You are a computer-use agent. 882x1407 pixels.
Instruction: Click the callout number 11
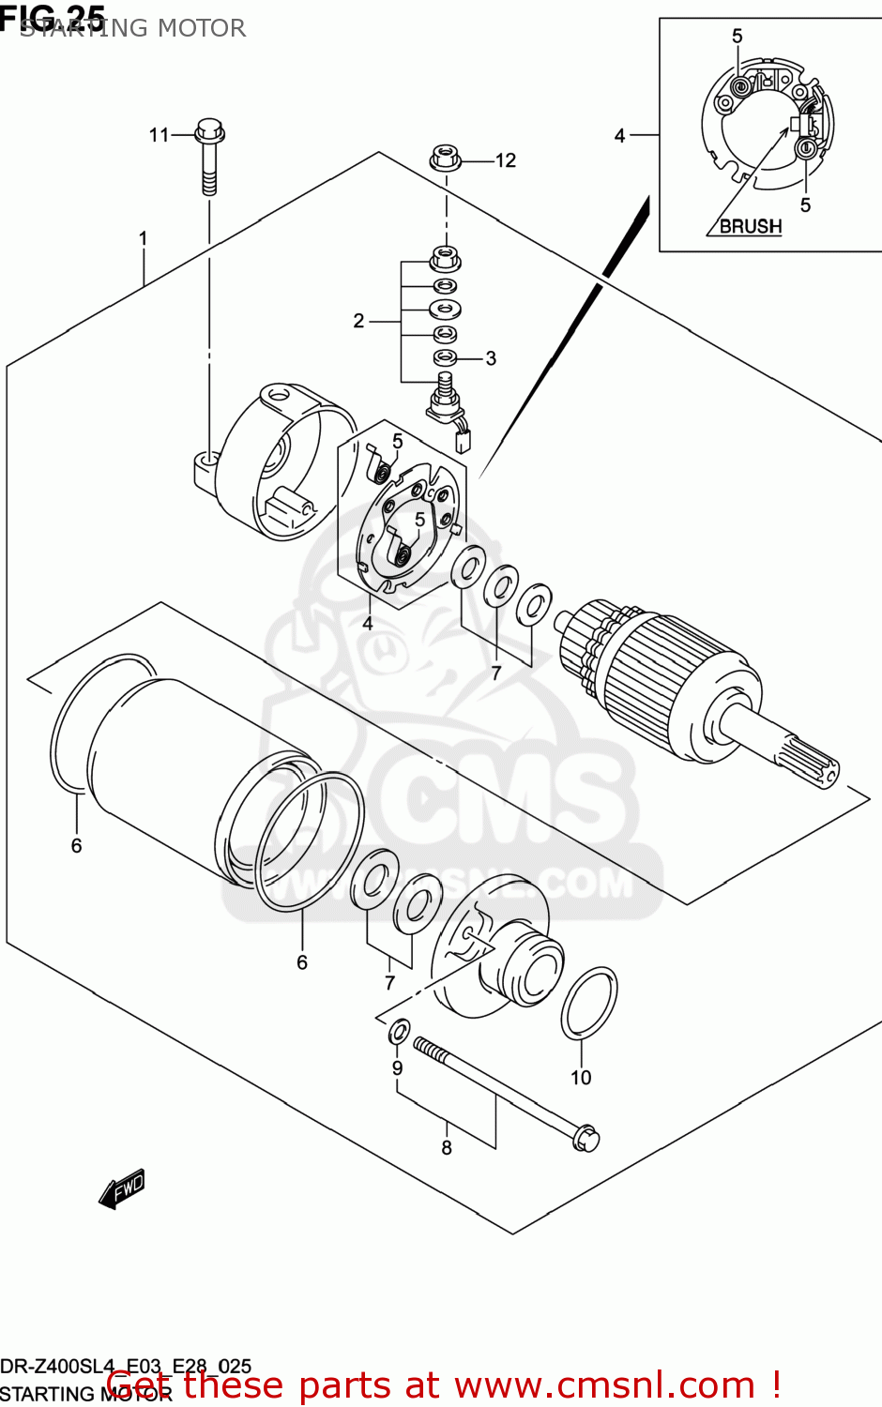click(159, 135)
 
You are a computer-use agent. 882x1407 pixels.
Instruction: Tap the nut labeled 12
click(446, 159)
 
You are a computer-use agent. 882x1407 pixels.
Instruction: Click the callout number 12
click(506, 160)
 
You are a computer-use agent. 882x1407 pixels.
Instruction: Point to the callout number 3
click(490, 358)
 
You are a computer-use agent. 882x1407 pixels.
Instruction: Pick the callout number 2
click(358, 322)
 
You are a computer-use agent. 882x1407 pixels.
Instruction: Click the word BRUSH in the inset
click(750, 226)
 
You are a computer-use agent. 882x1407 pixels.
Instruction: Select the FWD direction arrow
click(122, 1188)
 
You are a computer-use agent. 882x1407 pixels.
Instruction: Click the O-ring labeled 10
click(589, 1005)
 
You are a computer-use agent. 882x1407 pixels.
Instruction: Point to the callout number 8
click(447, 1148)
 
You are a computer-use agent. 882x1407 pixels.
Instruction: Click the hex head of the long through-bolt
click(585, 1138)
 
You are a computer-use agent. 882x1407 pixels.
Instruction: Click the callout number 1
click(144, 239)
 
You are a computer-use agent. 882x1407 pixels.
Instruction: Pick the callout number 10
click(581, 1078)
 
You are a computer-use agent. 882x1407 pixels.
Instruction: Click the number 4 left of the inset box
click(619, 136)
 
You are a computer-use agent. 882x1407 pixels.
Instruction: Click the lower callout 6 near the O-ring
click(302, 962)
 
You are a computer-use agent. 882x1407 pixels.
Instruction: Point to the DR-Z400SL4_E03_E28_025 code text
click(126, 1366)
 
